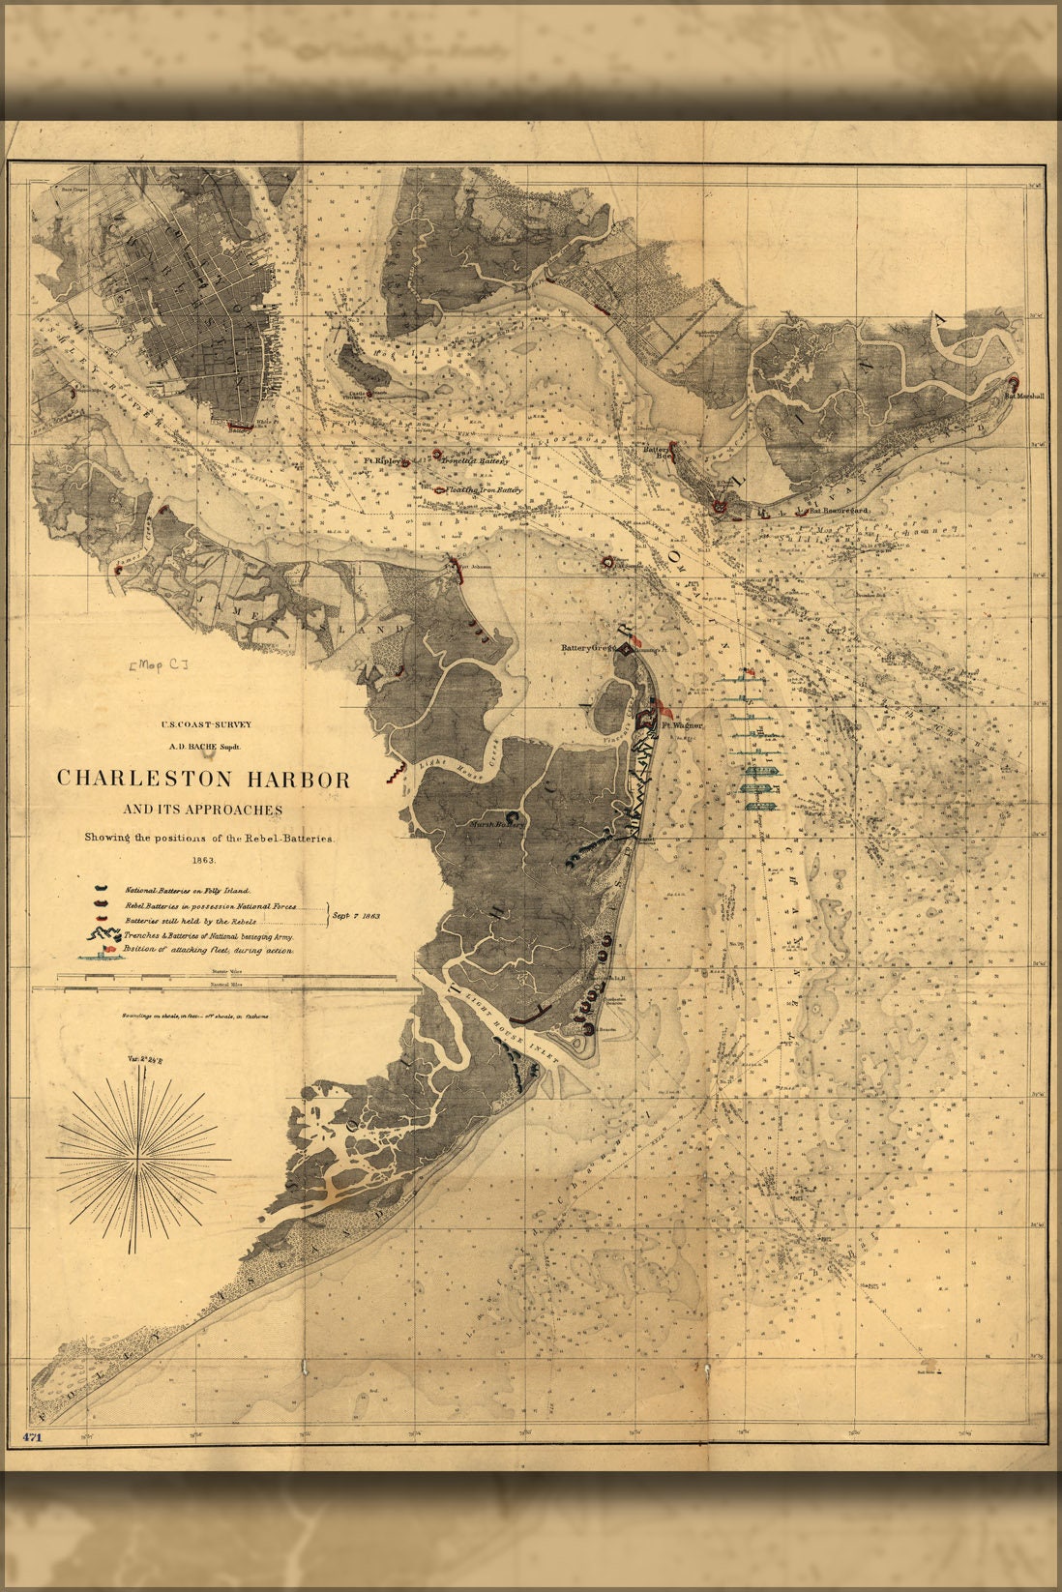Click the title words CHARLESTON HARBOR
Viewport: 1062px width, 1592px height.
203,778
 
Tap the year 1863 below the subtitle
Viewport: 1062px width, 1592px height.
203,859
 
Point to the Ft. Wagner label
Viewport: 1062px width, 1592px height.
682,723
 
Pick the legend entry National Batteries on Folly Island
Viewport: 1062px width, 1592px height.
187,889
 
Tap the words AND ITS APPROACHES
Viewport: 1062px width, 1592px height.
203,810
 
